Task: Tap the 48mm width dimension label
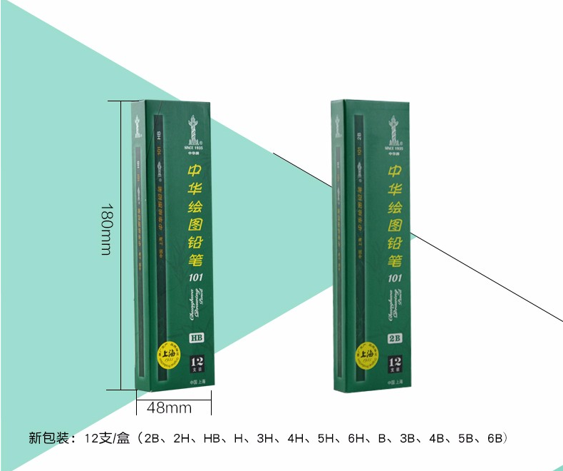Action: pos(169,408)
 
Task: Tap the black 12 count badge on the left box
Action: pos(197,365)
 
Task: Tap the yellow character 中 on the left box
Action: pos(195,172)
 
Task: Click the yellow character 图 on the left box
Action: pos(195,225)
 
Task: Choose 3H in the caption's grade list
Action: pos(265,437)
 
